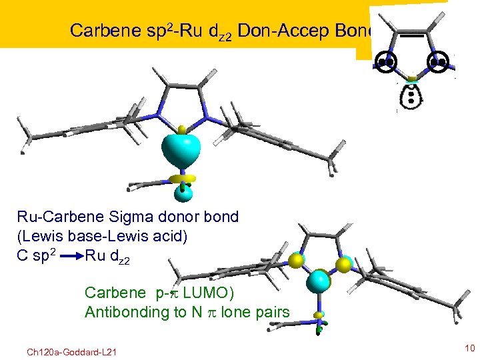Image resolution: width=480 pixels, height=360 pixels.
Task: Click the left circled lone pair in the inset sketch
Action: point(385,63)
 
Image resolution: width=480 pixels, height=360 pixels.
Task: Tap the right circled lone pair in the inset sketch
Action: point(437,63)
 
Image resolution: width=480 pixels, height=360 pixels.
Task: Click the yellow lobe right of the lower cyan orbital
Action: point(344,265)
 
